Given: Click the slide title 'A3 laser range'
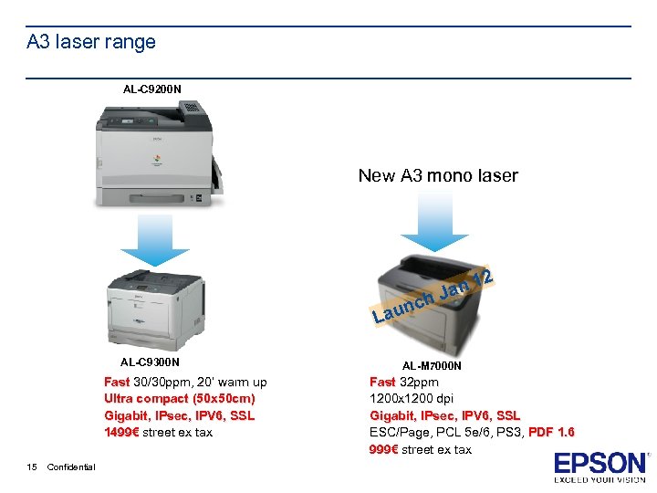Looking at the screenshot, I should [91, 42].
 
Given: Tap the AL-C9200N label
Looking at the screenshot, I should [152, 89].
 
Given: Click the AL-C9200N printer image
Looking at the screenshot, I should [157, 152].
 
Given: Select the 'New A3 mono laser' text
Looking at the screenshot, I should [438, 175].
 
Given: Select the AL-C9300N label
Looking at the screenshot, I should [151, 362].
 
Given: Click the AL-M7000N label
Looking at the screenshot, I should [432, 366].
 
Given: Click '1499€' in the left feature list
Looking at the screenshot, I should [119, 433].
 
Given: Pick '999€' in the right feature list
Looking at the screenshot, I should [384, 449].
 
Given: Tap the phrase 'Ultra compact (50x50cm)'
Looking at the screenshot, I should [180, 399].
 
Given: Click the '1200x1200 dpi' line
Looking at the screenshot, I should [412, 399].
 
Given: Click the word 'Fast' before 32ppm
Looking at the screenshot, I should [382, 383].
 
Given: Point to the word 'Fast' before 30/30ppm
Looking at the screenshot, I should [117, 383].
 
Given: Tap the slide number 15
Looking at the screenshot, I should [32, 467].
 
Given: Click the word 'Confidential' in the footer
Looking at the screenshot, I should [71, 467].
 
